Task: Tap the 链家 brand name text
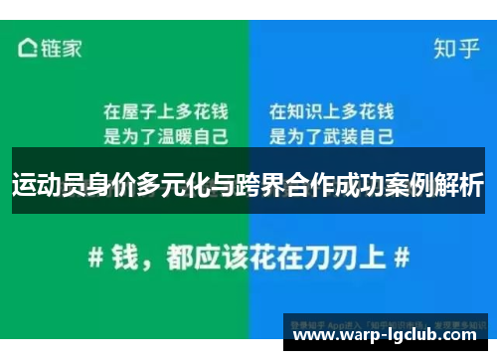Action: [60, 47]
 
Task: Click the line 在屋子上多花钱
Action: [165, 110]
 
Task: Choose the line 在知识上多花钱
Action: [331, 110]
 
